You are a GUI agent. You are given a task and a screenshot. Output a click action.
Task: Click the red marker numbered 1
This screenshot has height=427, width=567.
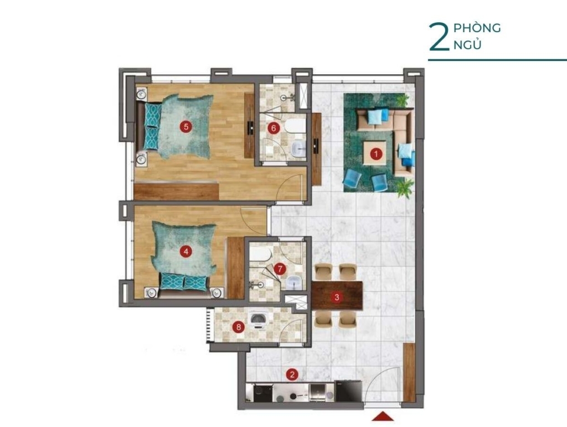coord(376,155)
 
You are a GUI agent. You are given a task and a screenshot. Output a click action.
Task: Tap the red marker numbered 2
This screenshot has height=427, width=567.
coord(292,375)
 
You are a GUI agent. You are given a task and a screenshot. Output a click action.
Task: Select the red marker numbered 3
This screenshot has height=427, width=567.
coord(337,297)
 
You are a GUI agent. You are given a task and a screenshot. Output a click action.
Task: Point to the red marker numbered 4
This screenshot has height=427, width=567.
coord(186,251)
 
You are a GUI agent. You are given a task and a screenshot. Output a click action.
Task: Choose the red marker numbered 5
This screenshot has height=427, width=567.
coord(186,126)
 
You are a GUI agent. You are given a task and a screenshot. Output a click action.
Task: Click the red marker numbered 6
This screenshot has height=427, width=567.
coord(274,128)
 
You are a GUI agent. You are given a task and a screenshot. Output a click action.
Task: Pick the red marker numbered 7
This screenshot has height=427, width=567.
coord(280,269)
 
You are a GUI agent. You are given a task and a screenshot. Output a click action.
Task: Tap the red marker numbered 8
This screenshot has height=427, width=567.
coord(238,327)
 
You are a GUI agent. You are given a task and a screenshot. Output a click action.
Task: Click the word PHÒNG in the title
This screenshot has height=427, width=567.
coord(477,28)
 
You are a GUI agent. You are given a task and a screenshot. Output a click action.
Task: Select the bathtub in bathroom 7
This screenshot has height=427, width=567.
coord(260,253)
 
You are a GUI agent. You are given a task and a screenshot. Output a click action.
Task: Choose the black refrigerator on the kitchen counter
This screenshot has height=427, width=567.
coord(349,390)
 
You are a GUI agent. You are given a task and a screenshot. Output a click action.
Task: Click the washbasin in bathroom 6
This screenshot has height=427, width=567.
coord(298,148)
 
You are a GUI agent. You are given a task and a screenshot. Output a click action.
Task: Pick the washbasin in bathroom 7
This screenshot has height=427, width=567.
coord(295,282)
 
